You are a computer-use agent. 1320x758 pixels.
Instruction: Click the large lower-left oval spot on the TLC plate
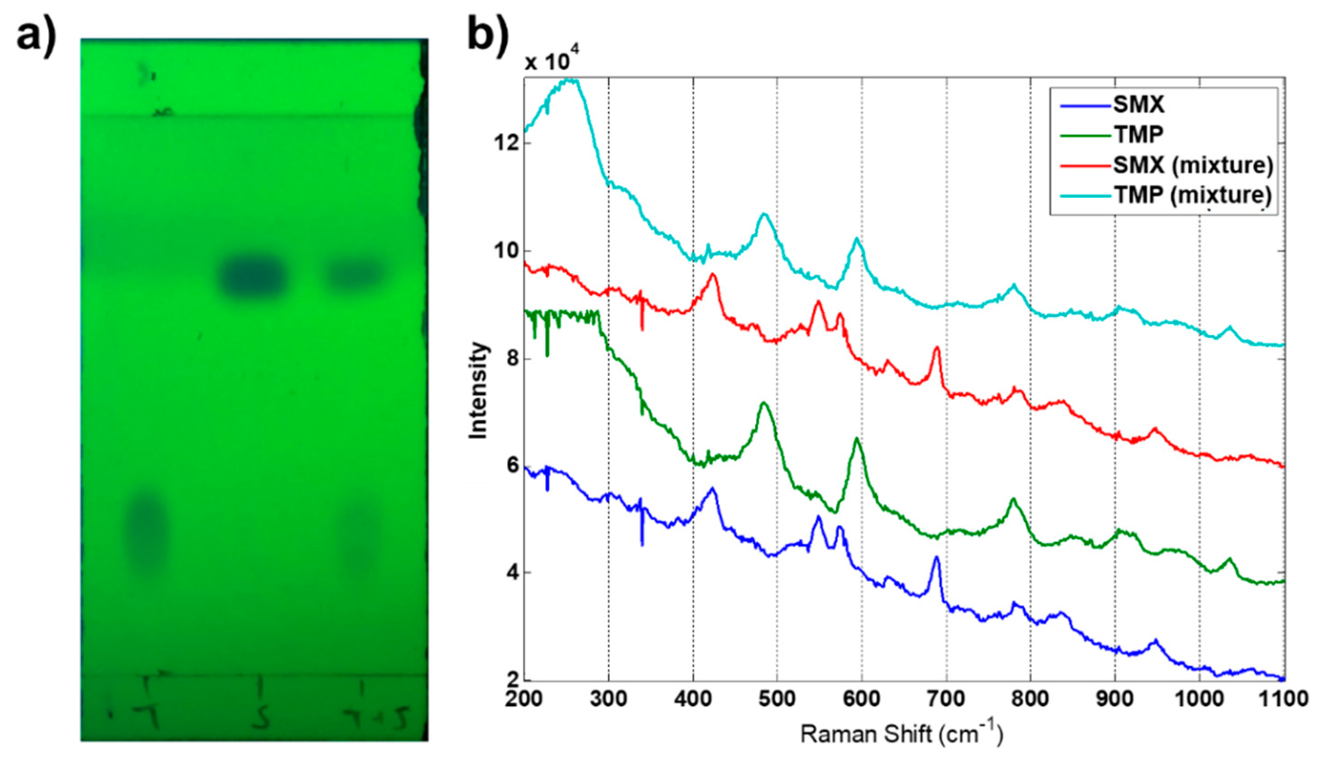pos(148,532)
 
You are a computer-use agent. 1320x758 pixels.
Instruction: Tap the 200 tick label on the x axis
pos(524,698)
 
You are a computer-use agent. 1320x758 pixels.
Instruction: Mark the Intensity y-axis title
pos(478,390)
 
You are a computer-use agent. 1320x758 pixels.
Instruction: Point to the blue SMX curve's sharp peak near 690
pos(936,558)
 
